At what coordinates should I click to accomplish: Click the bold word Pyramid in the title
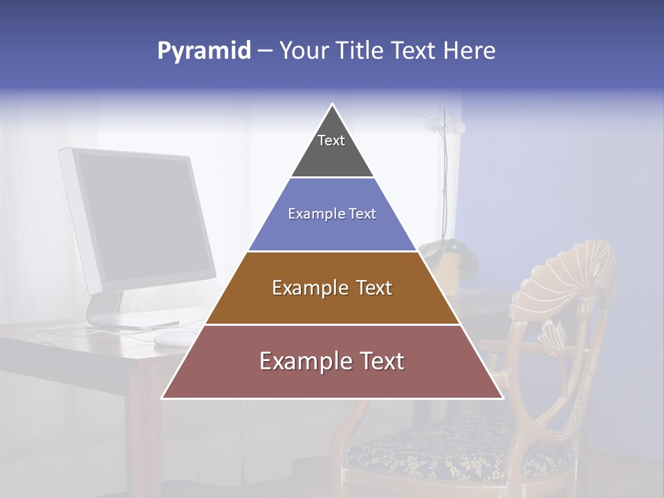pos(203,51)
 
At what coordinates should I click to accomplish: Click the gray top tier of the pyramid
pos(332,149)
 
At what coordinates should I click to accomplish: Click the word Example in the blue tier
pos(315,214)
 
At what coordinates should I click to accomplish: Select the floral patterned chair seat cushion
pos(456,450)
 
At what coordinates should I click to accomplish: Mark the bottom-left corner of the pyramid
pos(163,398)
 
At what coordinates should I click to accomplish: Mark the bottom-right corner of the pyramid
pos(502,398)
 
